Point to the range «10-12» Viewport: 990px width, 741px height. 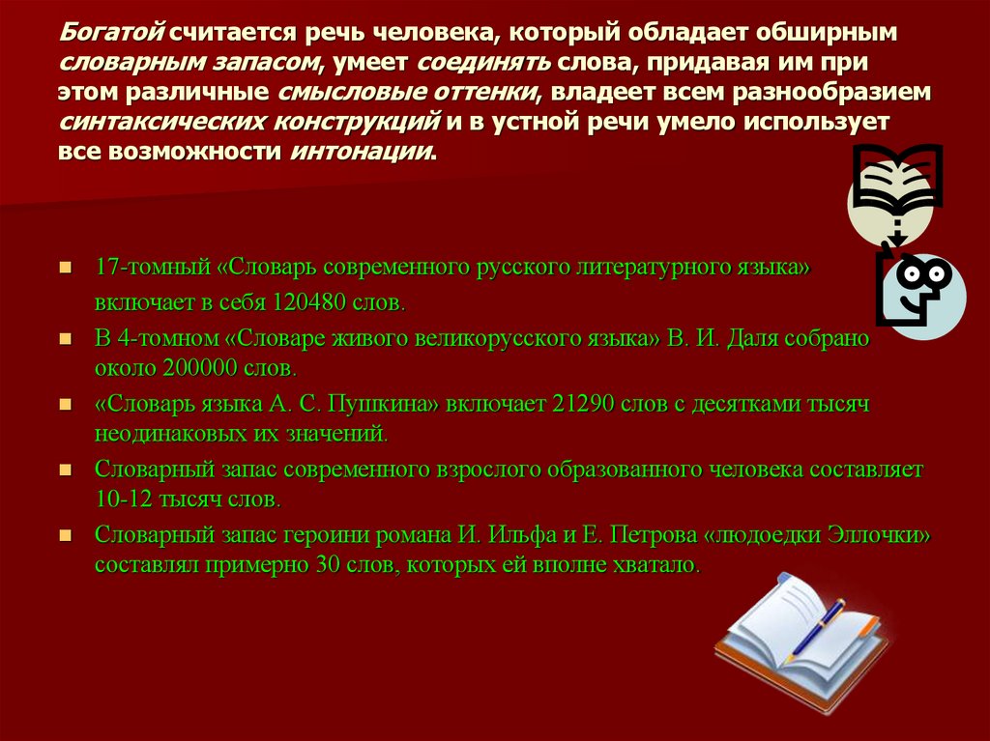[x=119, y=501]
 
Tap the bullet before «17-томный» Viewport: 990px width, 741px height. [x=65, y=268]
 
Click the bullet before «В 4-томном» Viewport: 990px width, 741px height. [x=65, y=339]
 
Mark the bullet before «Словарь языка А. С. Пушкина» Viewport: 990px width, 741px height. [x=65, y=403]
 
